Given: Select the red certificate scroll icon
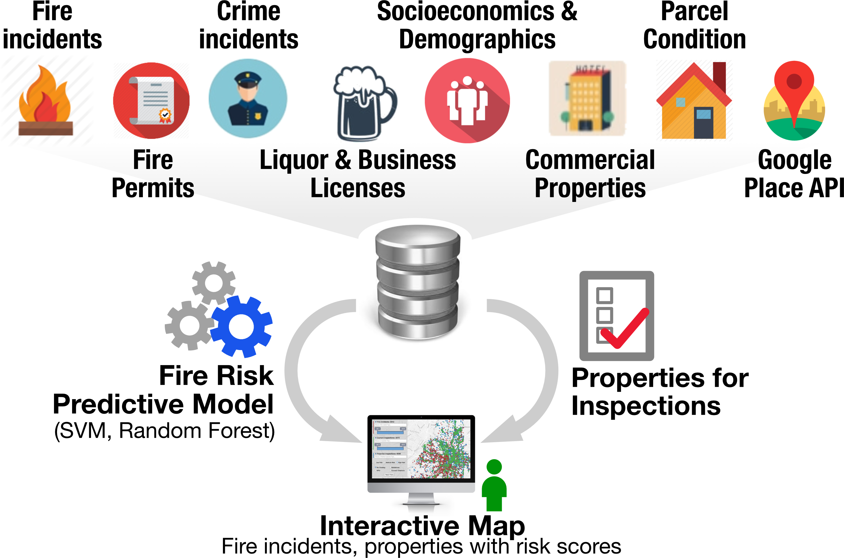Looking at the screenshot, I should pos(151,101).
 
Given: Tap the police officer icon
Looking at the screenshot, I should pos(248,98).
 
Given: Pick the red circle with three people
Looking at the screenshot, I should pos(467,101).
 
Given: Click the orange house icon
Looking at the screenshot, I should pos(694,103).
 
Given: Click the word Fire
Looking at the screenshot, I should pos(153,160).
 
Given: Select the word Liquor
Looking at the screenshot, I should pos(294,160).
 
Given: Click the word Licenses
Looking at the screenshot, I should pos(358,188).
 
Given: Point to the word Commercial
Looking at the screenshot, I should pos(590,160).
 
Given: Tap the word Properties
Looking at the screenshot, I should pos(590,188).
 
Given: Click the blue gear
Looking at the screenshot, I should pos(242,326).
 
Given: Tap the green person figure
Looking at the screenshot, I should pos(494,486).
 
